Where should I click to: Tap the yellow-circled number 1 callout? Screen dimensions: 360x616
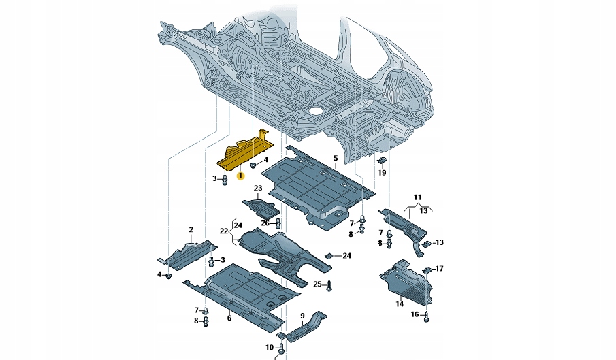(240, 176)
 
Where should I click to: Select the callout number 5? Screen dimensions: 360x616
(335, 158)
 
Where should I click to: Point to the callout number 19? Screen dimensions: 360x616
(382, 173)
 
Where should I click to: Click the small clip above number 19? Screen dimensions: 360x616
(382, 161)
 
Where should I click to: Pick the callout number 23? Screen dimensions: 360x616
(258, 188)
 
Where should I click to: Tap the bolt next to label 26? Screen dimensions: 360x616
(278, 222)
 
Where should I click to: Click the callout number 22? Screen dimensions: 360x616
(223, 231)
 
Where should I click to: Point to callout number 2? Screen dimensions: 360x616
(191, 229)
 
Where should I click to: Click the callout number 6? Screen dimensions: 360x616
(229, 318)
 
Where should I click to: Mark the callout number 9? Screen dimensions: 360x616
(302, 315)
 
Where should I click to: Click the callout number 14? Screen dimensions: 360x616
(400, 304)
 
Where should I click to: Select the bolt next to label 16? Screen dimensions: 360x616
(427, 315)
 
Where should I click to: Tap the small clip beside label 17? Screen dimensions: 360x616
(427, 270)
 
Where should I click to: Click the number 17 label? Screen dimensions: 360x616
(440, 269)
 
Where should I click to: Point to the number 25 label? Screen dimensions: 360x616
(317, 284)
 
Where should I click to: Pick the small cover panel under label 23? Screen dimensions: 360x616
(259, 206)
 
